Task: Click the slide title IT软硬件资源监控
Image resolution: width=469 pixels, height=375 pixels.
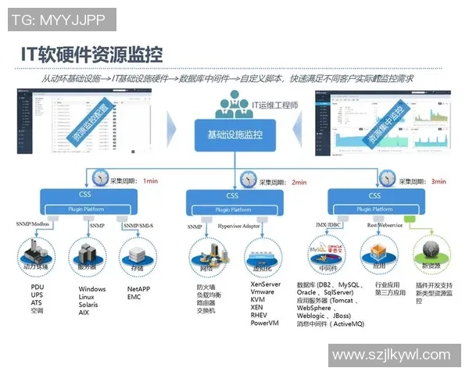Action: [92, 54]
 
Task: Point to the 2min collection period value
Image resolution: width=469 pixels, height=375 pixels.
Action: [299, 181]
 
